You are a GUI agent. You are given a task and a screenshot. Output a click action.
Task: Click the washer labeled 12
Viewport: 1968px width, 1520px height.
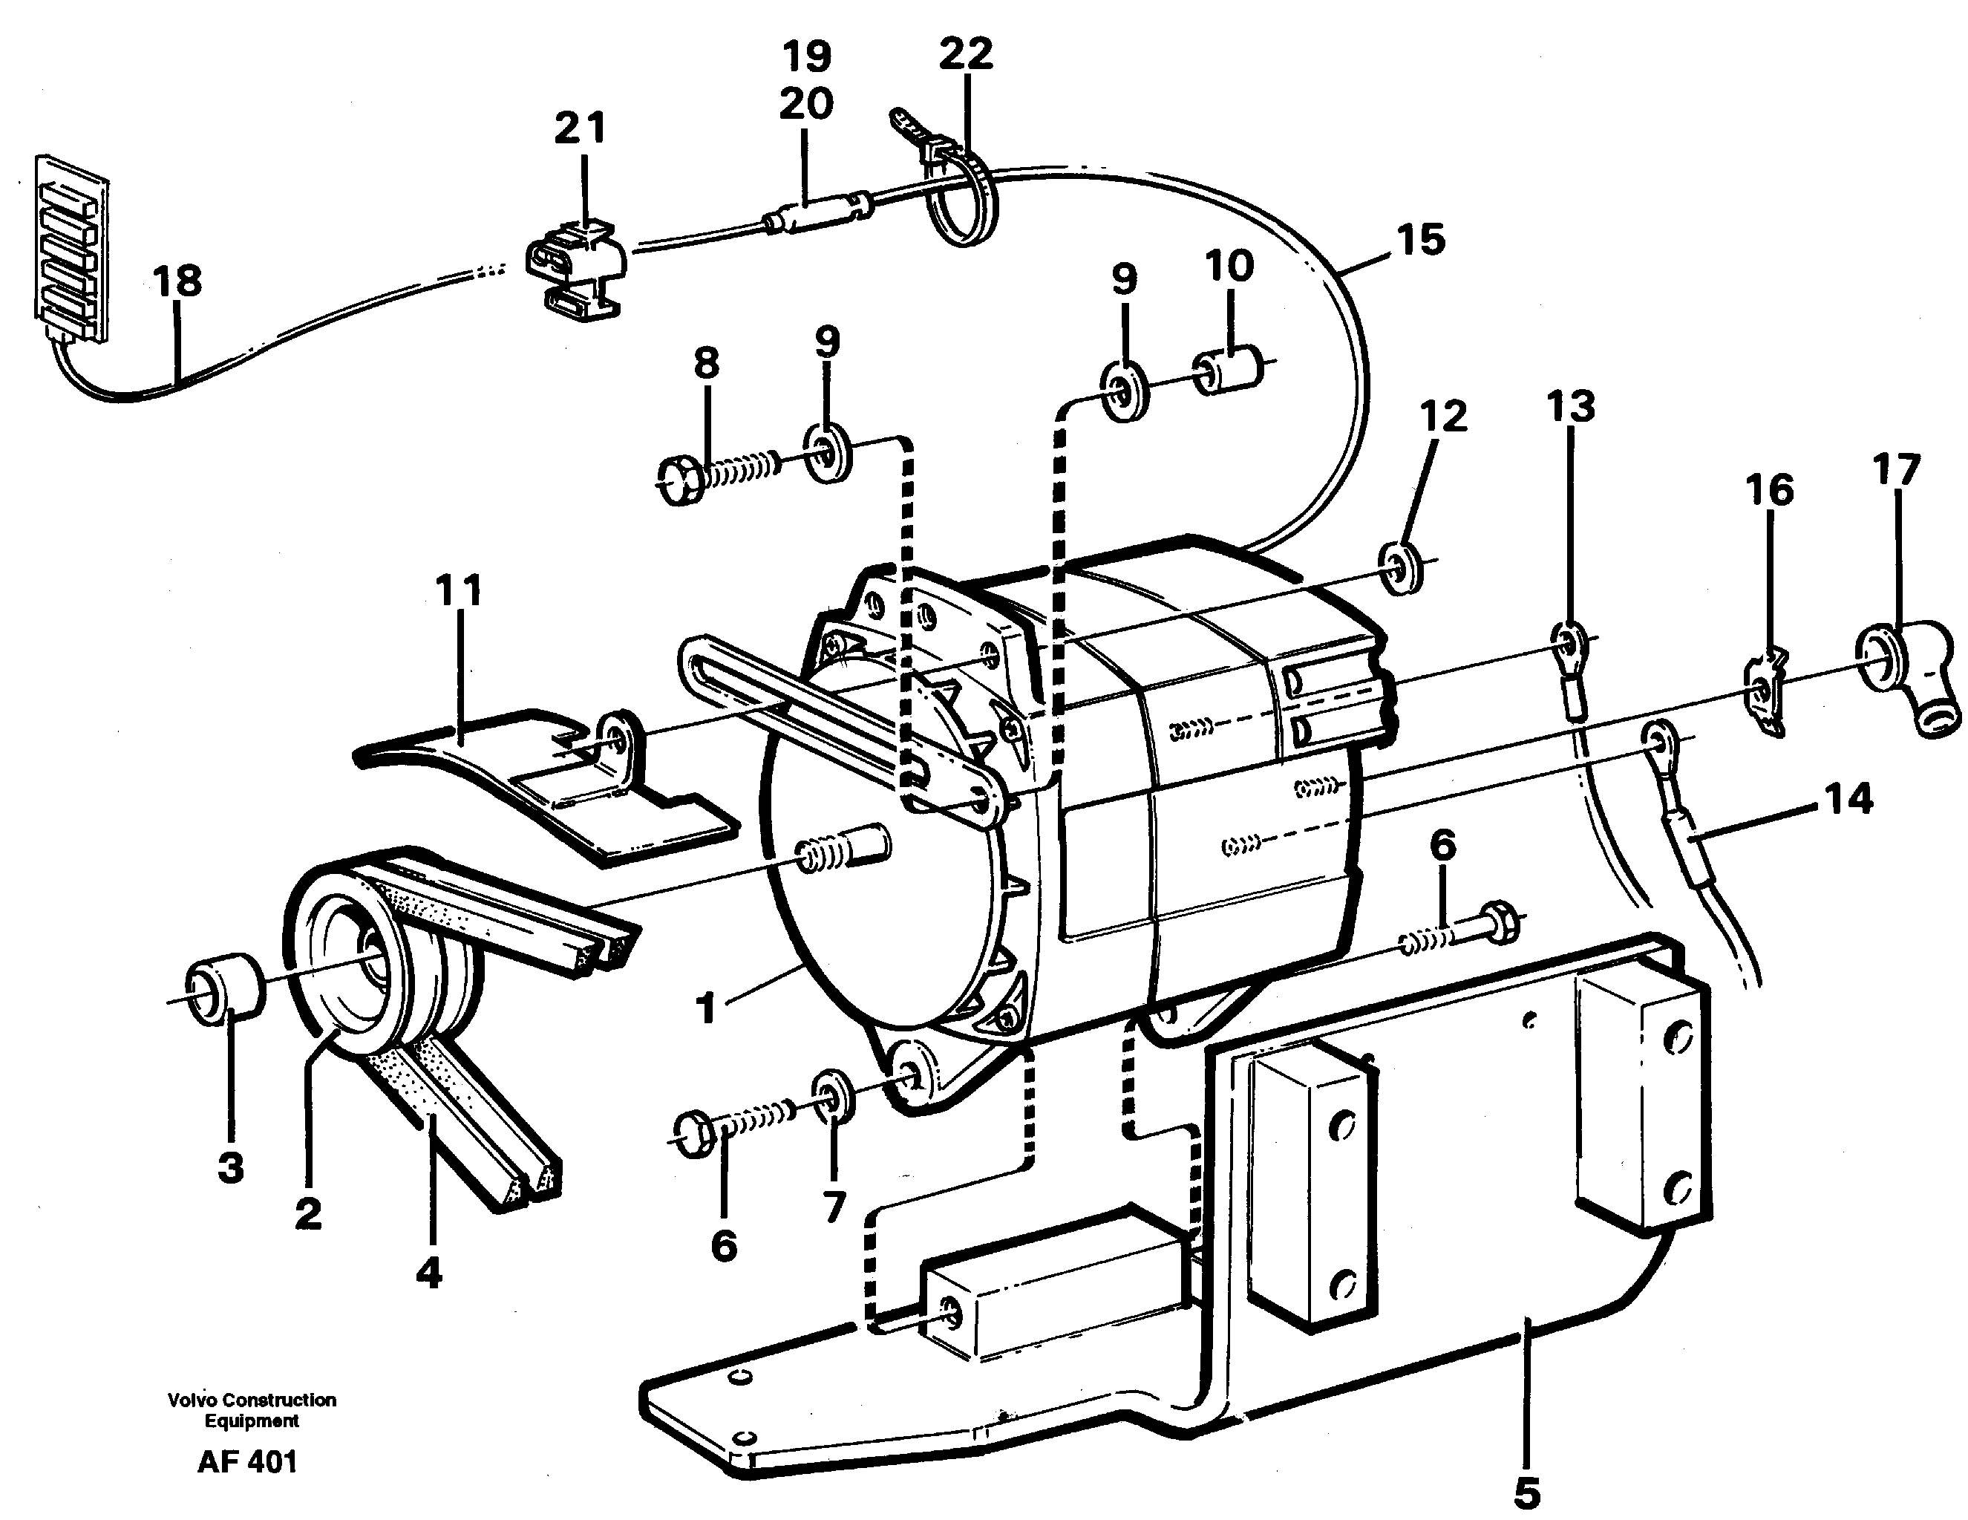point(1402,567)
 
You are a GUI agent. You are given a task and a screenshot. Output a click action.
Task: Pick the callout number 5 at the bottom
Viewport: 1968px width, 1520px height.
point(1526,1491)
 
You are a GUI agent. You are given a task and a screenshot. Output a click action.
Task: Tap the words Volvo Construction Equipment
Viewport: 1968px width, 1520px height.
point(252,1410)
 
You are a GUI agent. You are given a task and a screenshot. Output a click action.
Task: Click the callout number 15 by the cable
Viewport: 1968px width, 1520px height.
point(1421,240)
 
